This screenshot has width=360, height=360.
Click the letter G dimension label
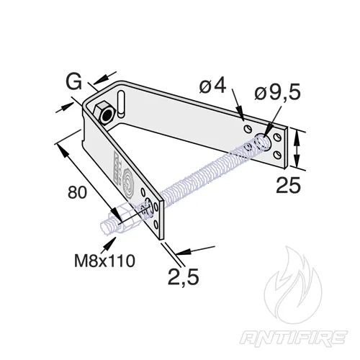[74, 82]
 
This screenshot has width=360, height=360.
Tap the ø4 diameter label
[212, 86]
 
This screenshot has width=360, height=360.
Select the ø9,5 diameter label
[277, 93]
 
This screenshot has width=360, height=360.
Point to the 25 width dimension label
[288, 185]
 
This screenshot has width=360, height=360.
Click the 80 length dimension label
[77, 192]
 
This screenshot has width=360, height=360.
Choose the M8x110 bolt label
[104, 261]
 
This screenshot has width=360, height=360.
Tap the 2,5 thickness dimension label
[183, 276]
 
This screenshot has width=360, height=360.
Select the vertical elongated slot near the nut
[121, 104]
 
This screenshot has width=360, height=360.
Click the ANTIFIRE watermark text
[294, 338]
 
